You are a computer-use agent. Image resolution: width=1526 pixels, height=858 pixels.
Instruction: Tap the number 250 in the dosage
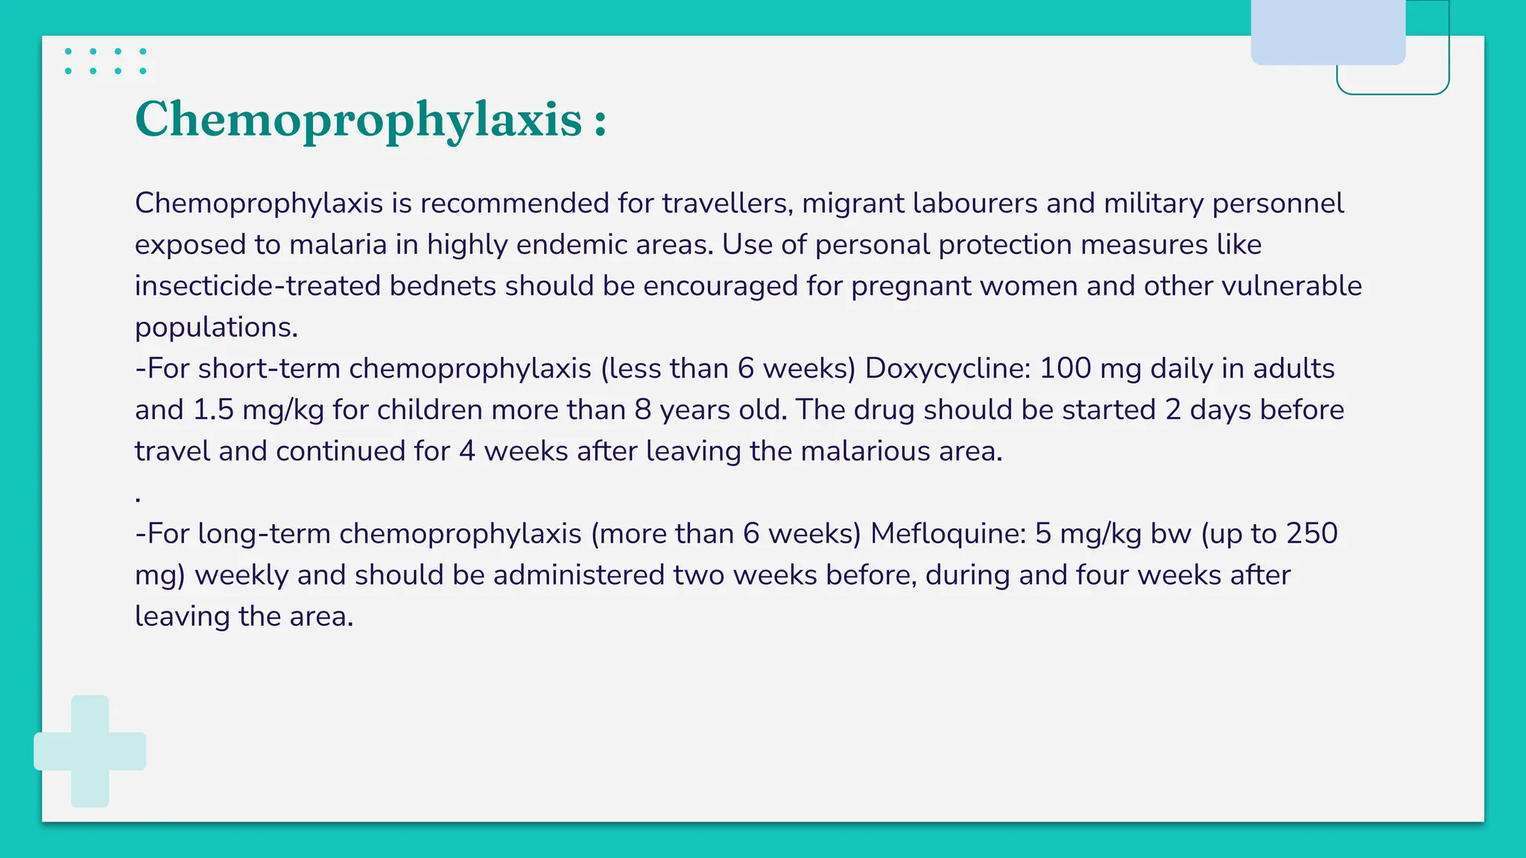1312,534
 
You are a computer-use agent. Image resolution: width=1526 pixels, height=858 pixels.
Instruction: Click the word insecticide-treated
258,286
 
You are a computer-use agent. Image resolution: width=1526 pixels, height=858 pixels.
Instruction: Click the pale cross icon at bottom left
90,751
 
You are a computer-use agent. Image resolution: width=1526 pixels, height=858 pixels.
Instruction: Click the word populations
216,328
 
